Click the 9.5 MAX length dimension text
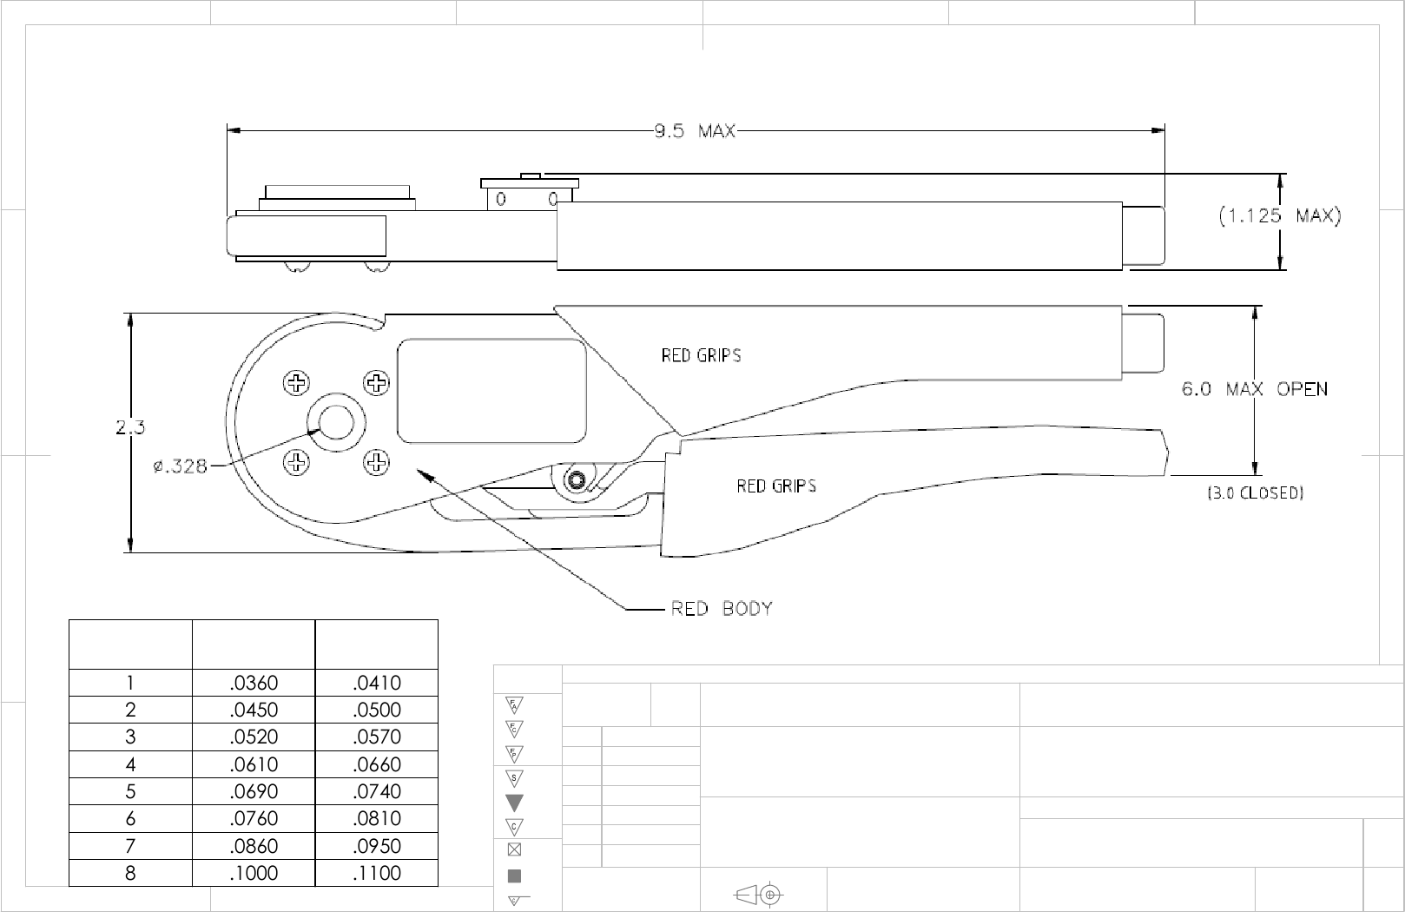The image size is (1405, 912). point(695,131)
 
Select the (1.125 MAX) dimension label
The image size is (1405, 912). point(1280,215)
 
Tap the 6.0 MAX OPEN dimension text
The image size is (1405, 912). point(1255,389)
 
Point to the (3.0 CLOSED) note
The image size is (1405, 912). point(1255,493)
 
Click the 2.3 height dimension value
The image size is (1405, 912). point(130,428)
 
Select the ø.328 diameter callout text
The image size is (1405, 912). point(180,466)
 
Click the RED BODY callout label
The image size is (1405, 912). point(722,608)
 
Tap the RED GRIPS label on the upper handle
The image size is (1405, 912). point(701,355)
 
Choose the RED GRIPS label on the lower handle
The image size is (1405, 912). point(776,486)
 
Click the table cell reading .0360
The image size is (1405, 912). point(254,683)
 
